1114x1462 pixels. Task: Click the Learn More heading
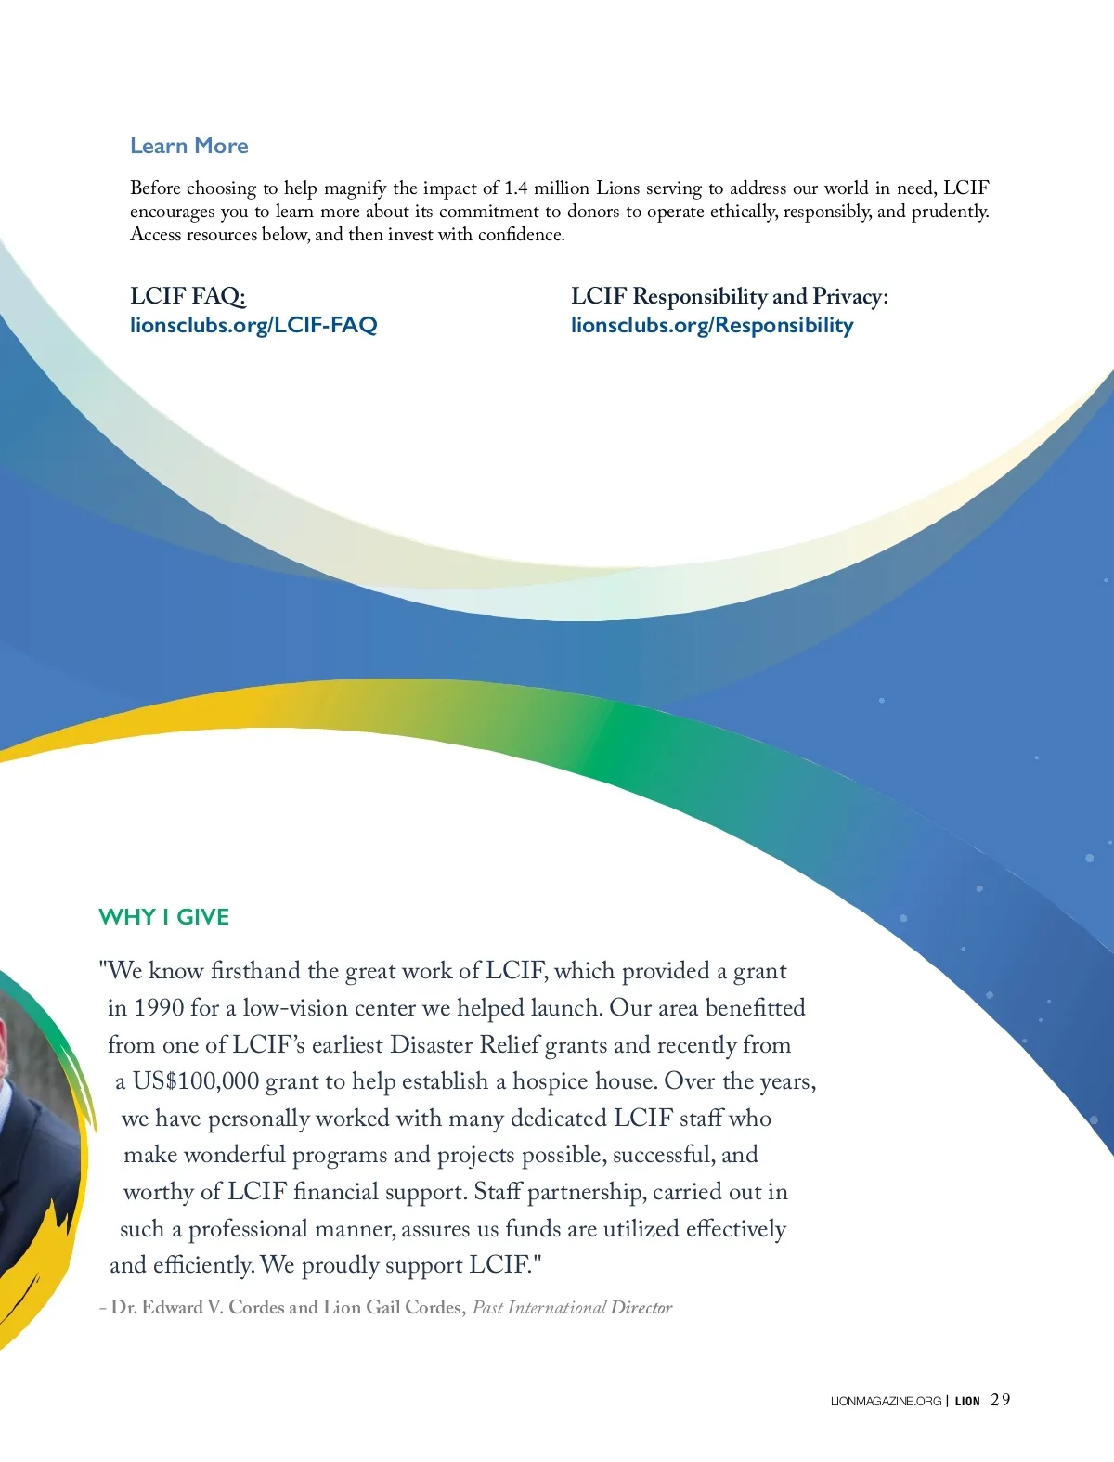click(189, 146)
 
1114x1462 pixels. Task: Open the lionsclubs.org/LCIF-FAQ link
click(253, 325)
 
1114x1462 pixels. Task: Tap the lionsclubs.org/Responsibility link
click(712, 325)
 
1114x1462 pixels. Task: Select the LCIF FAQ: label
click(188, 296)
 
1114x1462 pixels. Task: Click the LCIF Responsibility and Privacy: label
click(730, 296)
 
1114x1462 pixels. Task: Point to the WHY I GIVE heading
click(163, 917)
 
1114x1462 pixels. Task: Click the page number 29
click(1001, 1400)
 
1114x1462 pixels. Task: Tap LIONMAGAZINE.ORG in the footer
click(886, 1401)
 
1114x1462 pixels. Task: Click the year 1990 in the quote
click(159, 1008)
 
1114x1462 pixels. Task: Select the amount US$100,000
click(196, 1081)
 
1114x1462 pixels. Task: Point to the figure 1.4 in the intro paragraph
click(515, 188)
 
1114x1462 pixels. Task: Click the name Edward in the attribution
click(173, 1307)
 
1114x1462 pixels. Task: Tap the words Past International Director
click(572, 1307)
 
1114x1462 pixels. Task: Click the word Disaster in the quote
click(432, 1045)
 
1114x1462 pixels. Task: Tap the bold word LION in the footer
click(967, 1401)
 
